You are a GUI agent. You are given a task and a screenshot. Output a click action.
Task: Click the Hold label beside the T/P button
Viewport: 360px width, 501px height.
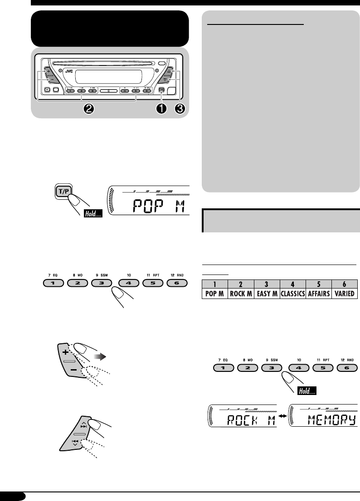92,212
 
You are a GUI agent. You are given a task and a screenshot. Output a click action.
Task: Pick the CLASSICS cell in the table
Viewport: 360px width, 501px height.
293,294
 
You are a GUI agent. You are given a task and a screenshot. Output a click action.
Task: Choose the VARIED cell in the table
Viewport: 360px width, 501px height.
345,294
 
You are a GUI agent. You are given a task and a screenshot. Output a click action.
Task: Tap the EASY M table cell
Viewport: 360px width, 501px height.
267,294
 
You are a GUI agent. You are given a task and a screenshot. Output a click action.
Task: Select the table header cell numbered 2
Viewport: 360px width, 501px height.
240,284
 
